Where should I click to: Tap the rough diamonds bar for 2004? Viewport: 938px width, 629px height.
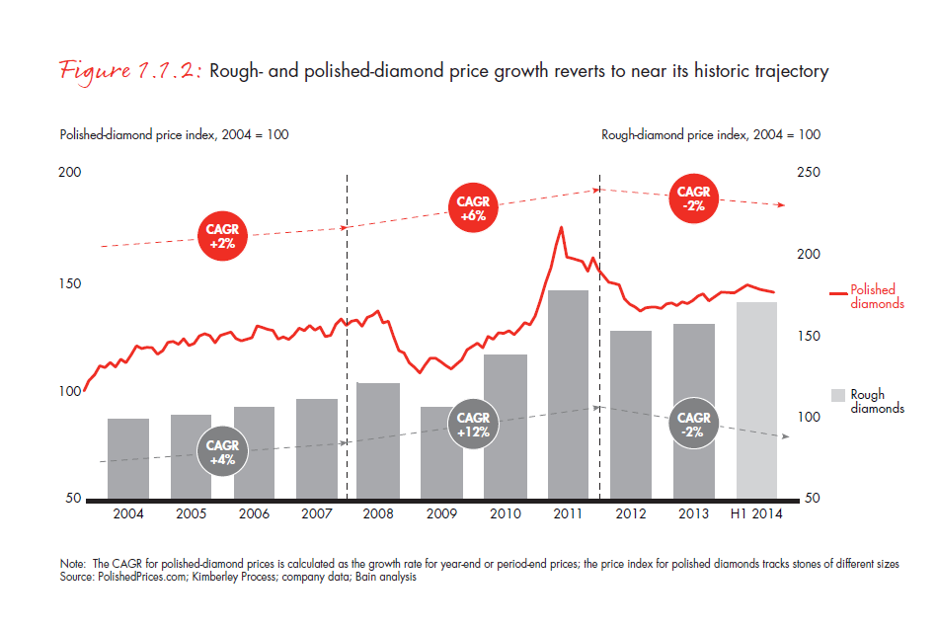point(128,458)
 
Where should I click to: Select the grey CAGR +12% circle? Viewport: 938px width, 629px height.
point(473,425)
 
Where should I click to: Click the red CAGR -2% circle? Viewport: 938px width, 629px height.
point(694,198)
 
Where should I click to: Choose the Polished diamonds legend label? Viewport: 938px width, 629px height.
point(877,296)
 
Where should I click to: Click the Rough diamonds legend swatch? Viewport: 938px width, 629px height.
point(837,395)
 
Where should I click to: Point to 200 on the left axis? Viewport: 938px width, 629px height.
point(70,173)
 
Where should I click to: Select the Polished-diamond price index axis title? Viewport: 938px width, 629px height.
point(174,134)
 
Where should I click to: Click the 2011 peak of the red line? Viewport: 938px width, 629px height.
point(562,227)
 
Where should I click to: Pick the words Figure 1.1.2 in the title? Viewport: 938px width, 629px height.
point(127,71)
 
